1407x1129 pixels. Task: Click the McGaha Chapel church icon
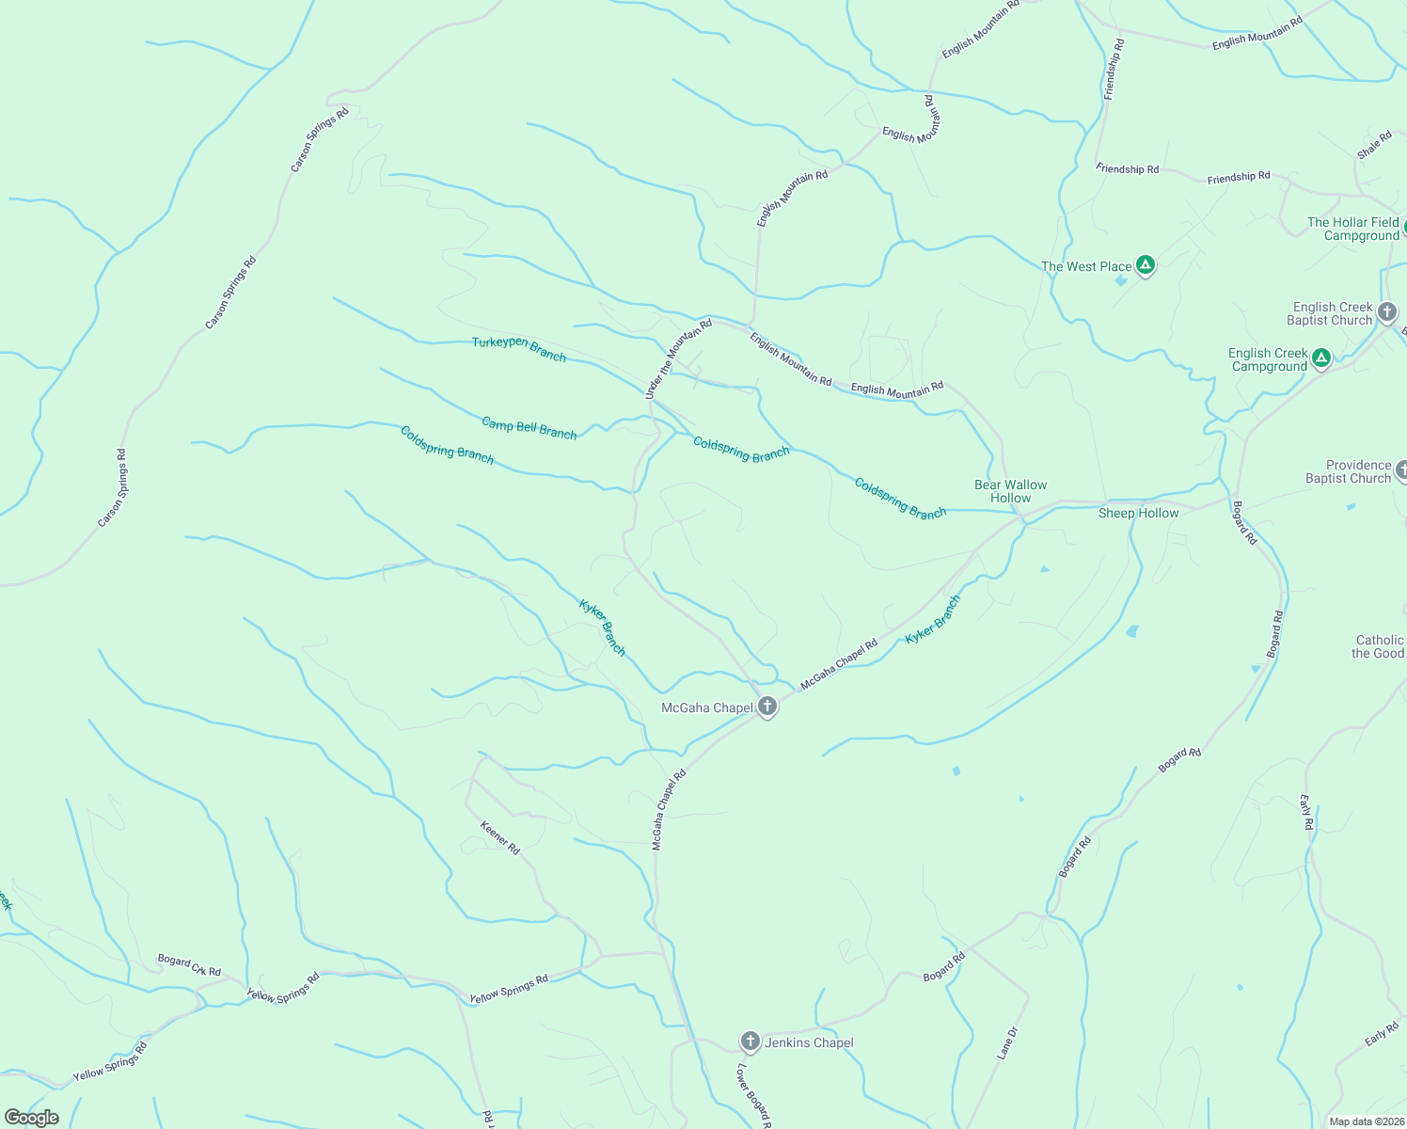(x=767, y=707)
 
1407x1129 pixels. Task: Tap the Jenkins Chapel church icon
(x=750, y=1041)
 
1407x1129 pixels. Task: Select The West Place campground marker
(x=1145, y=265)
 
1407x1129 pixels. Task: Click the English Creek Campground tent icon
(x=1321, y=358)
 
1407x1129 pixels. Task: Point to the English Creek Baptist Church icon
(x=1386, y=311)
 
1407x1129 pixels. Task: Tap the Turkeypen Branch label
(x=519, y=348)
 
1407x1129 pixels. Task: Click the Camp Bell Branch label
(x=529, y=428)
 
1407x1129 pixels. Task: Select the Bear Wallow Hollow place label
(x=1010, y=491)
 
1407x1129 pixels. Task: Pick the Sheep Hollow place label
(x=1138, y=513)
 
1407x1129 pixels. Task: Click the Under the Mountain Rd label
(x=678, y=359)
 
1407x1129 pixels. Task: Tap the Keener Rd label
(x=500, y=837)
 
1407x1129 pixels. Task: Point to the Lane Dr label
(x=1007, y=1043)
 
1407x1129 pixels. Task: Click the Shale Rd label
(x=1374, y=145)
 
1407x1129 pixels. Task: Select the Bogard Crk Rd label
(x=189, y=965)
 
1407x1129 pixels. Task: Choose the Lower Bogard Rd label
(x=754, y=1097)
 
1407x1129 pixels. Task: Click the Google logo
(x=32, y=1118)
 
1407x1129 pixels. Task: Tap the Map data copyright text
(x=1366, y=1121)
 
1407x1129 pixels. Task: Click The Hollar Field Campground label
(x=1352, y=229)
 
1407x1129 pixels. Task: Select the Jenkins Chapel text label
(x=809, y=1042)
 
